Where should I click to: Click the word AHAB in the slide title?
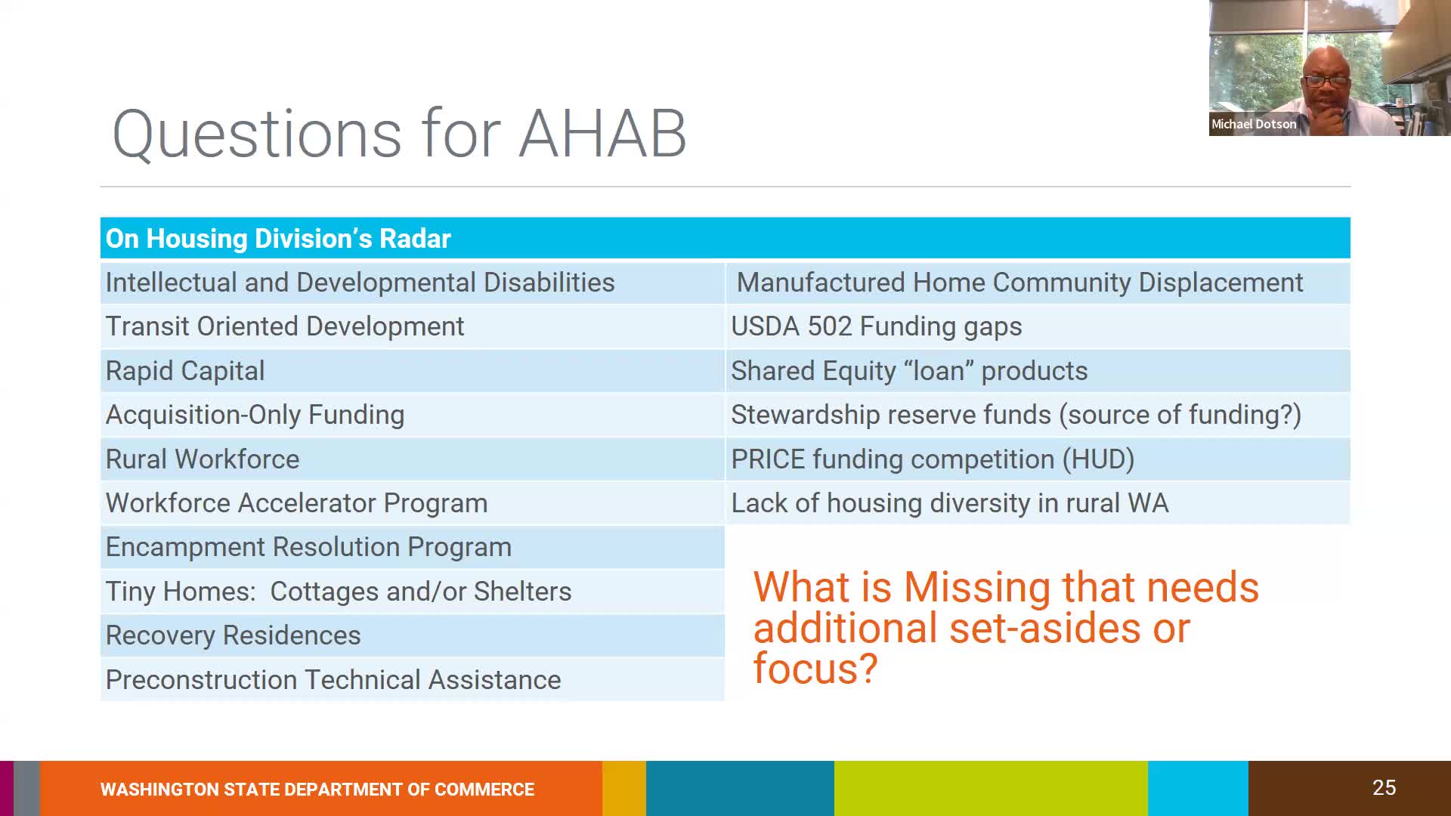coord(602,134)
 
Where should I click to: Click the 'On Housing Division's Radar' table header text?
coord(277,239)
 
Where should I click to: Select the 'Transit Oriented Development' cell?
coord(284,326)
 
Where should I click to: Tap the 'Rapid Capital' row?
coord(185,371)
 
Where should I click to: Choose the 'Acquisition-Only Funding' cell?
coord(255,415)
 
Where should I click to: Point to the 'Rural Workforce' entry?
coord(202,459)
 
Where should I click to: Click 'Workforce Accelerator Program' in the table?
coord(296,503)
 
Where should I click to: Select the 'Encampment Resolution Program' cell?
coord(308,547)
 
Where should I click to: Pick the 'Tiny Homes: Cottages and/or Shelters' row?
coord(338,592)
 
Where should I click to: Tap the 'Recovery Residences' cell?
coord(233,635)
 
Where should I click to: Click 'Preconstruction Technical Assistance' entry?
coord(333,680)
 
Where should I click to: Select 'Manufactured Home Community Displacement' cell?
coord(1019,283)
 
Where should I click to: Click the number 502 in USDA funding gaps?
coord(829,326)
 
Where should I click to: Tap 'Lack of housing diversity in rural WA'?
coord(949,503)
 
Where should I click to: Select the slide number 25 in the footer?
coord(1384,788)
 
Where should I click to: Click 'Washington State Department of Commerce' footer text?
coord(317,790)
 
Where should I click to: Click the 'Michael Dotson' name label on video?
coord(1253,124)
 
